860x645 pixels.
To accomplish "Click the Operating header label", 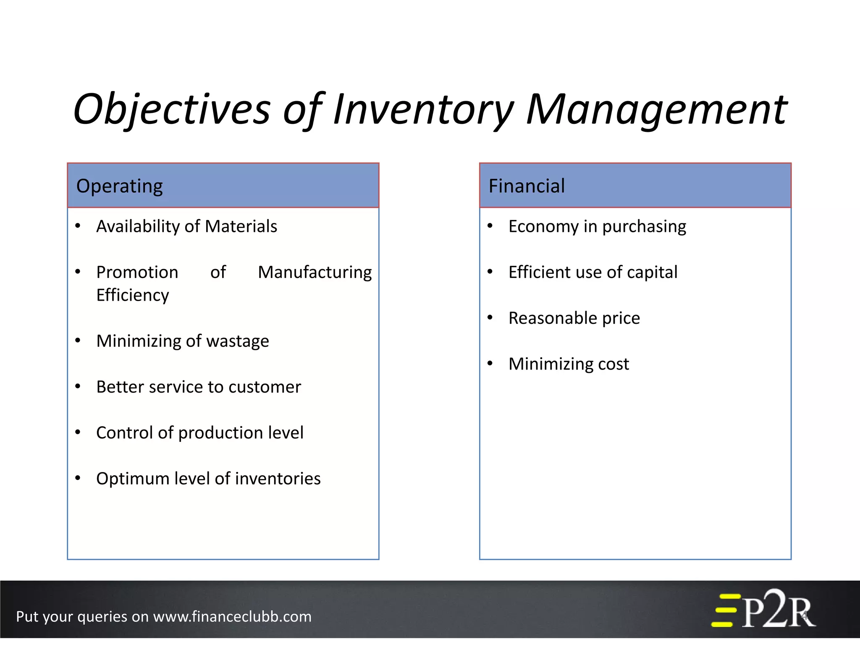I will [120, 186].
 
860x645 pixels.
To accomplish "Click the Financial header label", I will [527, 186].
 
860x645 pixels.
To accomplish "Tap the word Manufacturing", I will [315, 272].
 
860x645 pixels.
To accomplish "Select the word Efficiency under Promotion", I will [133, 295].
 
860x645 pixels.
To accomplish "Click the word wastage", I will [237, 341].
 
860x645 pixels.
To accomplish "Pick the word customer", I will [265, 387].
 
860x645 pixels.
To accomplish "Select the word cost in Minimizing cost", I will [613, 364].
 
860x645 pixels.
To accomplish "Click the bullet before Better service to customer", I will [78, 386].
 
